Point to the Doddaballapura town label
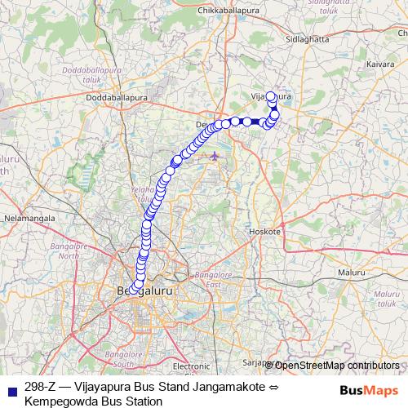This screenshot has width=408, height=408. click(118, 98)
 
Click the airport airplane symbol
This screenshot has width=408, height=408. click(214, 155)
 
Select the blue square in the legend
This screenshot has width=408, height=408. click(11, 388)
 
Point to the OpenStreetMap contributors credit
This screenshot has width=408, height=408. click(335, 366)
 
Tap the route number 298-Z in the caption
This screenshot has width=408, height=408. click(41, 386)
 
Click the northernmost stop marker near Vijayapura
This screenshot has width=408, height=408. click(270, 96)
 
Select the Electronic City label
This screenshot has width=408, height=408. click(193, 366)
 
